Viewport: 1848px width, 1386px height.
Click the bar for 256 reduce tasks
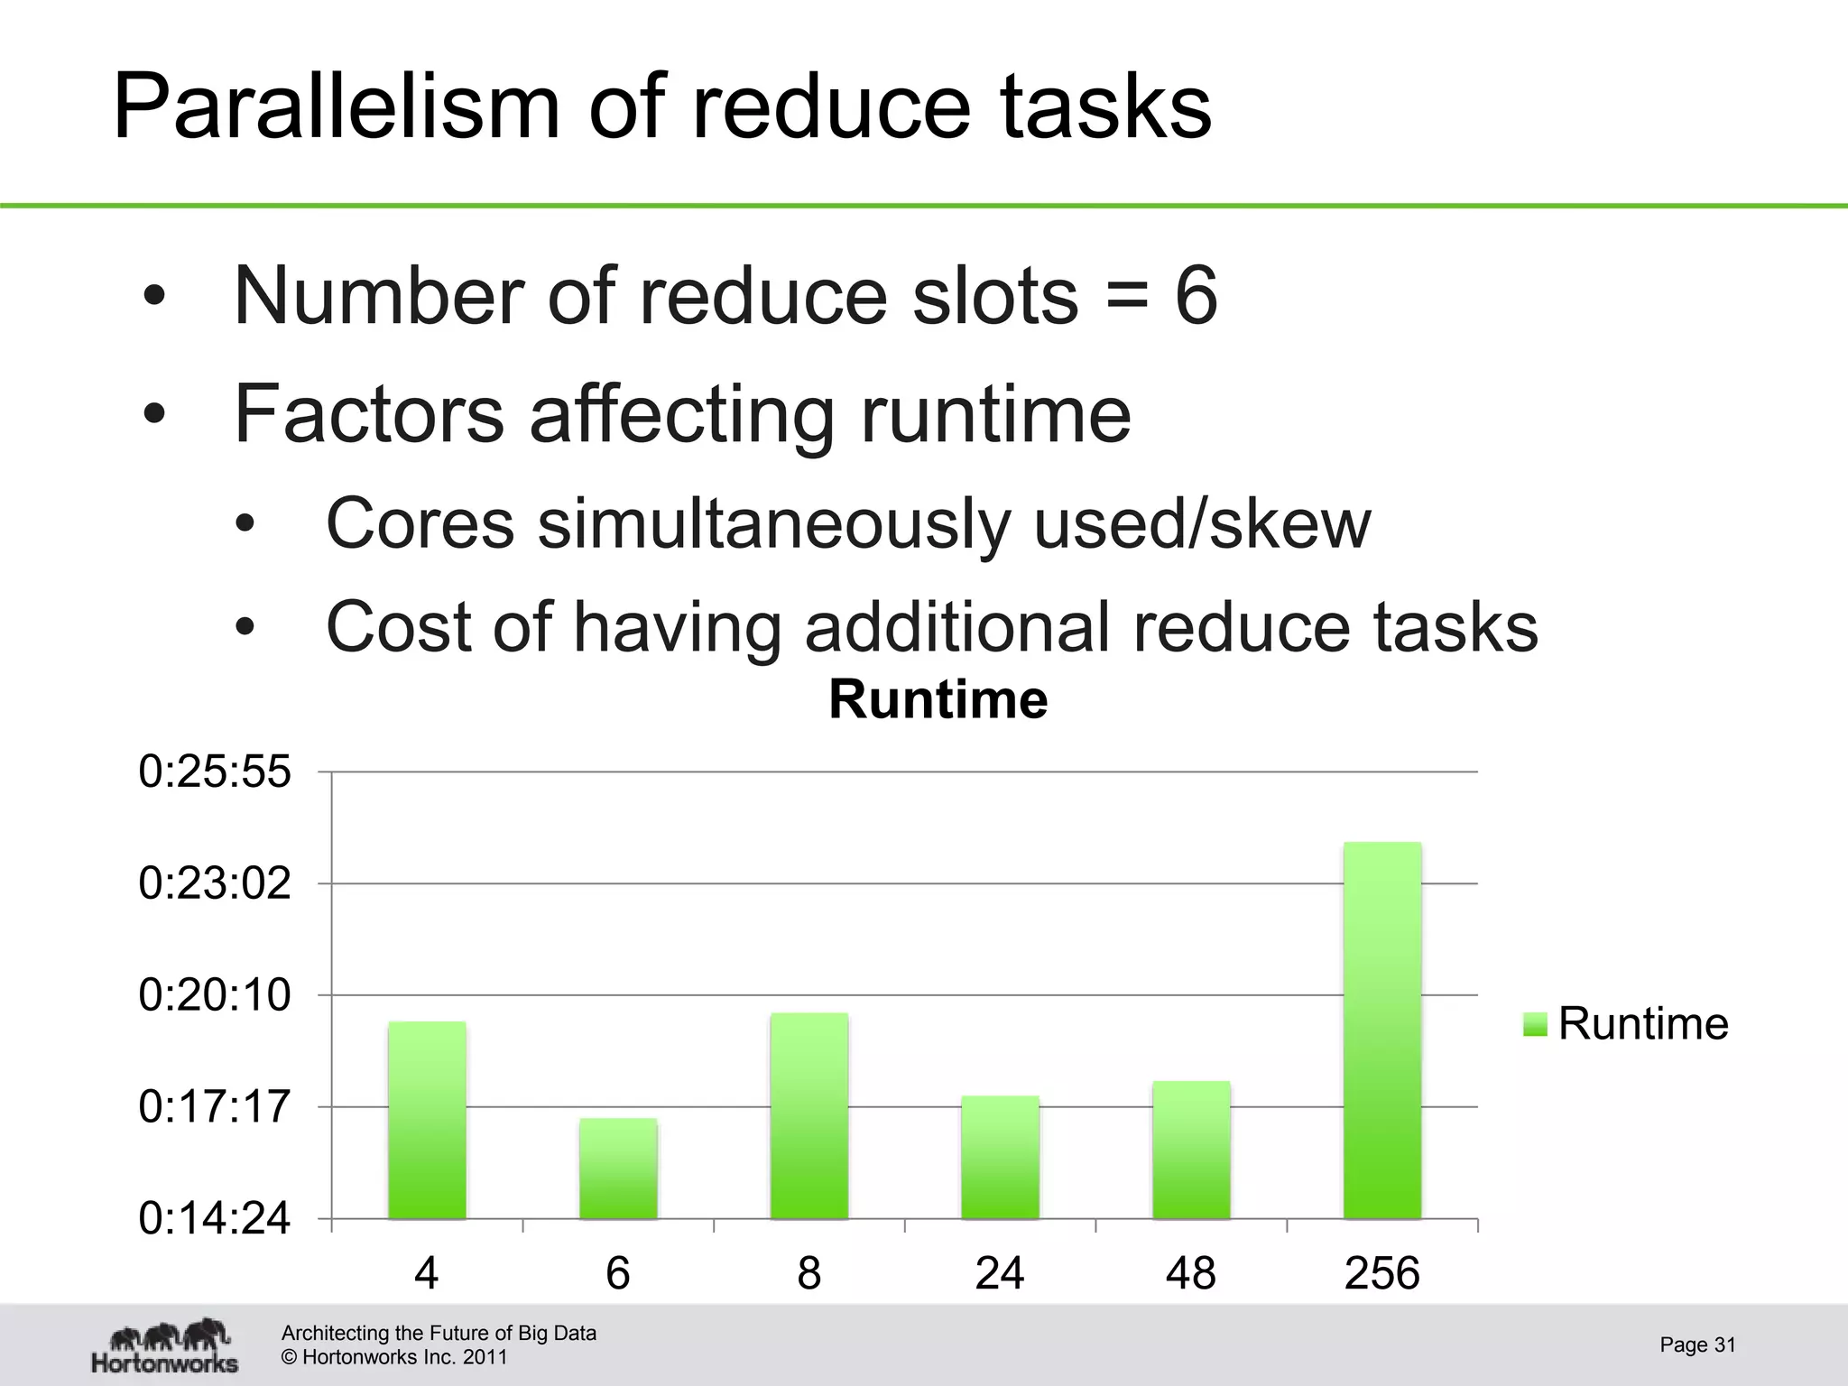pyautogui.click(x=1381, y=1030)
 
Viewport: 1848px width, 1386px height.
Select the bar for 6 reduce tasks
pyautogui.click(x=618, y=1169)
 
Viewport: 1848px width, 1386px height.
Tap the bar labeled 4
pyautogui.click(x=427, y=1120)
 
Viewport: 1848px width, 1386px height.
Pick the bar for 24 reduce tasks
pyautogui.click(x=1000, y=1157)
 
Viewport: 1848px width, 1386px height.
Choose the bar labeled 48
pyautogui.click(x=1191, y=1150)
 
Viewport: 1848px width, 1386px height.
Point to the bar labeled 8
pyautogui.click(x=809, y=1116)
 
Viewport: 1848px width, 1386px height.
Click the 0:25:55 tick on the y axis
pyautogui.click(x=215, y=772)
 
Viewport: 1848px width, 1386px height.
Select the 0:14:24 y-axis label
pyautogui.click(x=215, y=1219)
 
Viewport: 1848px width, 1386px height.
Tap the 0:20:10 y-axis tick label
pyautogui.click(x=215, y=995)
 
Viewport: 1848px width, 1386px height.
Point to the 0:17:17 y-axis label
pyautogui.click(x=215, y=1107)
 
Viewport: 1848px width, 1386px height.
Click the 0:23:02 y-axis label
pyautogui.click(x=215, y=883)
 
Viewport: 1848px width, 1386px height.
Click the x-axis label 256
pyautogui.click(x=1381, y=1273)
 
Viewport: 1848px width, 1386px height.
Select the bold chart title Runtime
pyautogui.click(x=938, y=700)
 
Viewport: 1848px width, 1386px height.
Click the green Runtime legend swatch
pyautogui.click(x=1535, y=1025)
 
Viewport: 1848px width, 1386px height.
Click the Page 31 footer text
pyautogui.click(x=1697, y=1344)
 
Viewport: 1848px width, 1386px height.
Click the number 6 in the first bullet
pyautogui.click(x=1196, y=296)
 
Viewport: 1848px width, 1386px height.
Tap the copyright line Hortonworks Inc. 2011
pyautogui.click(x=394, y=1357)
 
